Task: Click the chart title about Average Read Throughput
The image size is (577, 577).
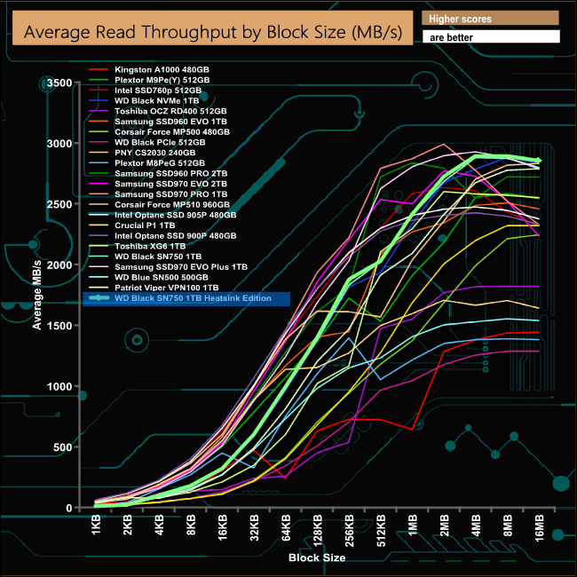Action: point(212,33)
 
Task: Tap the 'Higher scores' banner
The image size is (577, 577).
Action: point(491,18)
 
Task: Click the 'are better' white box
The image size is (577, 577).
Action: point(491,37)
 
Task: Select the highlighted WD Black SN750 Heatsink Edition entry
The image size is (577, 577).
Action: point(186,299)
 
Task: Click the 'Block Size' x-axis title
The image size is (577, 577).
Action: point(317,558)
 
